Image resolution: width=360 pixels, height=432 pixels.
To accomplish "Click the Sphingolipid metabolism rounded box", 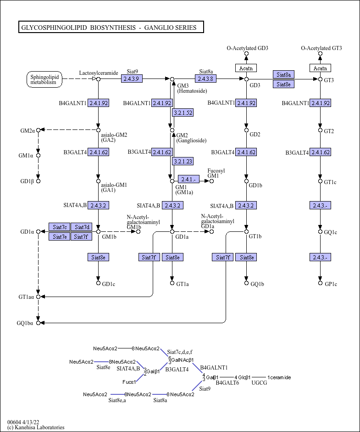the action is coord(44,79).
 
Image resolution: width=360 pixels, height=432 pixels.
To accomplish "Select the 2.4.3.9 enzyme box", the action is coord(132,79).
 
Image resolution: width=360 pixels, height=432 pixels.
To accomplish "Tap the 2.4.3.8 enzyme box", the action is coord(206,79).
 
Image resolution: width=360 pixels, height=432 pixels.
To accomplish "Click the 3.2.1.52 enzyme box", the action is coord(183,112).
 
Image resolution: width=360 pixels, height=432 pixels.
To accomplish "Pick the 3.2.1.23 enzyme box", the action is coord(183,161).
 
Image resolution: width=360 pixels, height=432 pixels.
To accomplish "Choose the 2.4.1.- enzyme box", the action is coord(188,180).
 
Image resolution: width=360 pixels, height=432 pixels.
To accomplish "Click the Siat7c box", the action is coord(60,227).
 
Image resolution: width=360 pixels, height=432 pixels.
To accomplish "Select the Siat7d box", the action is coord(82,227).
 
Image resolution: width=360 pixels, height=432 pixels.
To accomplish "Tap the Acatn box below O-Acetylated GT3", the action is coord(321,68).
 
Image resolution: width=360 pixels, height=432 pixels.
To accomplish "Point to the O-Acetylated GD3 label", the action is coord(248,48).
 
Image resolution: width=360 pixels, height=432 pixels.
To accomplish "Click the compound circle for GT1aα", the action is coord(38,297).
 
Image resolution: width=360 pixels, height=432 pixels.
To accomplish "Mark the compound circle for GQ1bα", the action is coord(38,323).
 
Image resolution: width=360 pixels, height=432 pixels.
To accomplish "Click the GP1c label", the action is coord(331,284).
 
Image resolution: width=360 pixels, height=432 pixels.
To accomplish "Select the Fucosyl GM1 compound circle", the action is coord(211,181).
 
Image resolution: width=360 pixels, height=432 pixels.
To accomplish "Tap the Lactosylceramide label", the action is coord(99,73).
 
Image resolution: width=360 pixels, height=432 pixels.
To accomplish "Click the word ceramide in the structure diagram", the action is coord(281,377).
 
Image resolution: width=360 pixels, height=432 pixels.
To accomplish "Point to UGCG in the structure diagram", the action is coord(259,383).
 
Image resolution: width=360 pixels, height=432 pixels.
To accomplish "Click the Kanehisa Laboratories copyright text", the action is coord(36,427).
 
